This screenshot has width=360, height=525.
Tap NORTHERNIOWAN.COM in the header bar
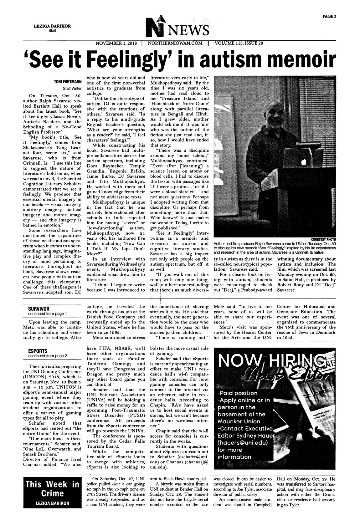click(175, 43)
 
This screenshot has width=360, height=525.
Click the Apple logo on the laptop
click(303, 162)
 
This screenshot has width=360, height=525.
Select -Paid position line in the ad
click(237, 393)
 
